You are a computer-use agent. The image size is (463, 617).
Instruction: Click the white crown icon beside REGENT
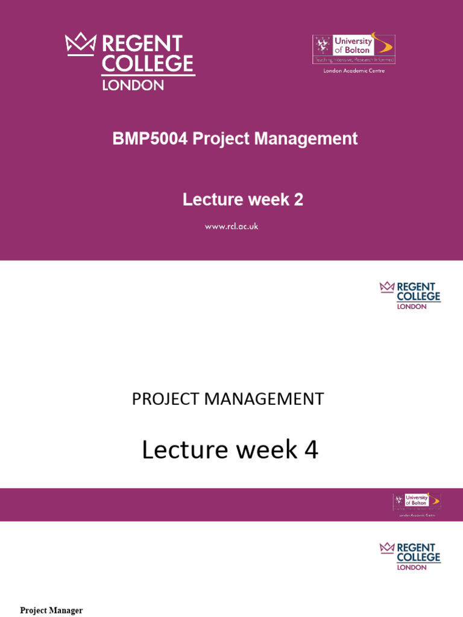point(81,44)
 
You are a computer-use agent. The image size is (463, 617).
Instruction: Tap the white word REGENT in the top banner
point(142,44)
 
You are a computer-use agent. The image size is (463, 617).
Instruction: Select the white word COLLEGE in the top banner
point(148,64)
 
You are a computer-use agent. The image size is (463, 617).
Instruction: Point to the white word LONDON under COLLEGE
point(133,85)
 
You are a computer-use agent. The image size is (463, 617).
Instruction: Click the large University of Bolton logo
point(354,49)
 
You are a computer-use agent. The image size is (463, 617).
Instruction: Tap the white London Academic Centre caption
point(354,70)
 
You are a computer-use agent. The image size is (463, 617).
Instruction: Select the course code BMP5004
point(150,139)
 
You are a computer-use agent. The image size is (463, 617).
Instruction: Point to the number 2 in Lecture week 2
point(298,199)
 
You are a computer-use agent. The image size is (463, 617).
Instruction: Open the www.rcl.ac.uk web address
point(231,227)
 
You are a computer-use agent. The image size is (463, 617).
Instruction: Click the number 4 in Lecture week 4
point(311,450)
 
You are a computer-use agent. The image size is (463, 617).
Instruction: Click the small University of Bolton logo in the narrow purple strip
point(417,502)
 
